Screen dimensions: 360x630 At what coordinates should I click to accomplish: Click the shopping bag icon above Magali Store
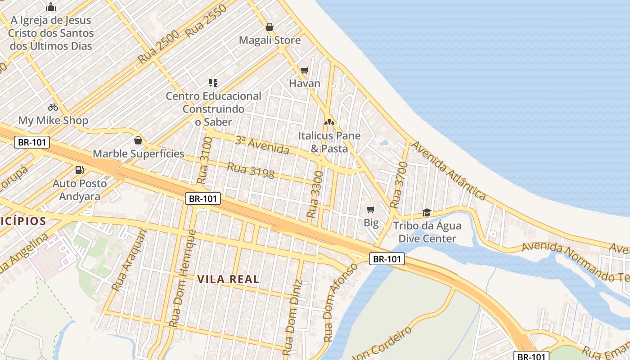click(270, 27)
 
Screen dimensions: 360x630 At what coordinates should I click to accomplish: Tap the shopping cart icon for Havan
click(305, 70)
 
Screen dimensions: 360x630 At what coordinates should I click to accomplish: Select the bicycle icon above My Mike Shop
click(53, 107)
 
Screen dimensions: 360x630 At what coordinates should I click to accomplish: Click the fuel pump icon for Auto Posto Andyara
click(80, 170)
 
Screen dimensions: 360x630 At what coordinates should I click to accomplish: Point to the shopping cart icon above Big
click(371, 209)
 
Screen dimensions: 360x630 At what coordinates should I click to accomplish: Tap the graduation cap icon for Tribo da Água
click(426, 212)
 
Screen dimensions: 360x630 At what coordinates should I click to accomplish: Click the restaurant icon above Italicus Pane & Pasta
click(329, 122)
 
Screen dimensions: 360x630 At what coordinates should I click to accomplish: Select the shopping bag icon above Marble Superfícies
click(138, 140)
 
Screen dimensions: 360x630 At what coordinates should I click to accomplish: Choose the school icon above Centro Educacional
click(213, 82)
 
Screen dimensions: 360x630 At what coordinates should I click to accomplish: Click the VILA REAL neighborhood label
click(229, 279)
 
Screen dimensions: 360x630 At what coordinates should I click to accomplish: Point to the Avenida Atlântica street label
click(449, 171)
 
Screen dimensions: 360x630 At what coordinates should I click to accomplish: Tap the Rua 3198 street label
click(251, 171)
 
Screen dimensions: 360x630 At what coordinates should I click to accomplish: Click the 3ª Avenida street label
click(262, 145)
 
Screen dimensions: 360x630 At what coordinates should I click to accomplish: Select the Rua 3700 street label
click(399, 185)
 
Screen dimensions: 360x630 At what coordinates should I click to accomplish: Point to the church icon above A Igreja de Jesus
click(51, 7)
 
